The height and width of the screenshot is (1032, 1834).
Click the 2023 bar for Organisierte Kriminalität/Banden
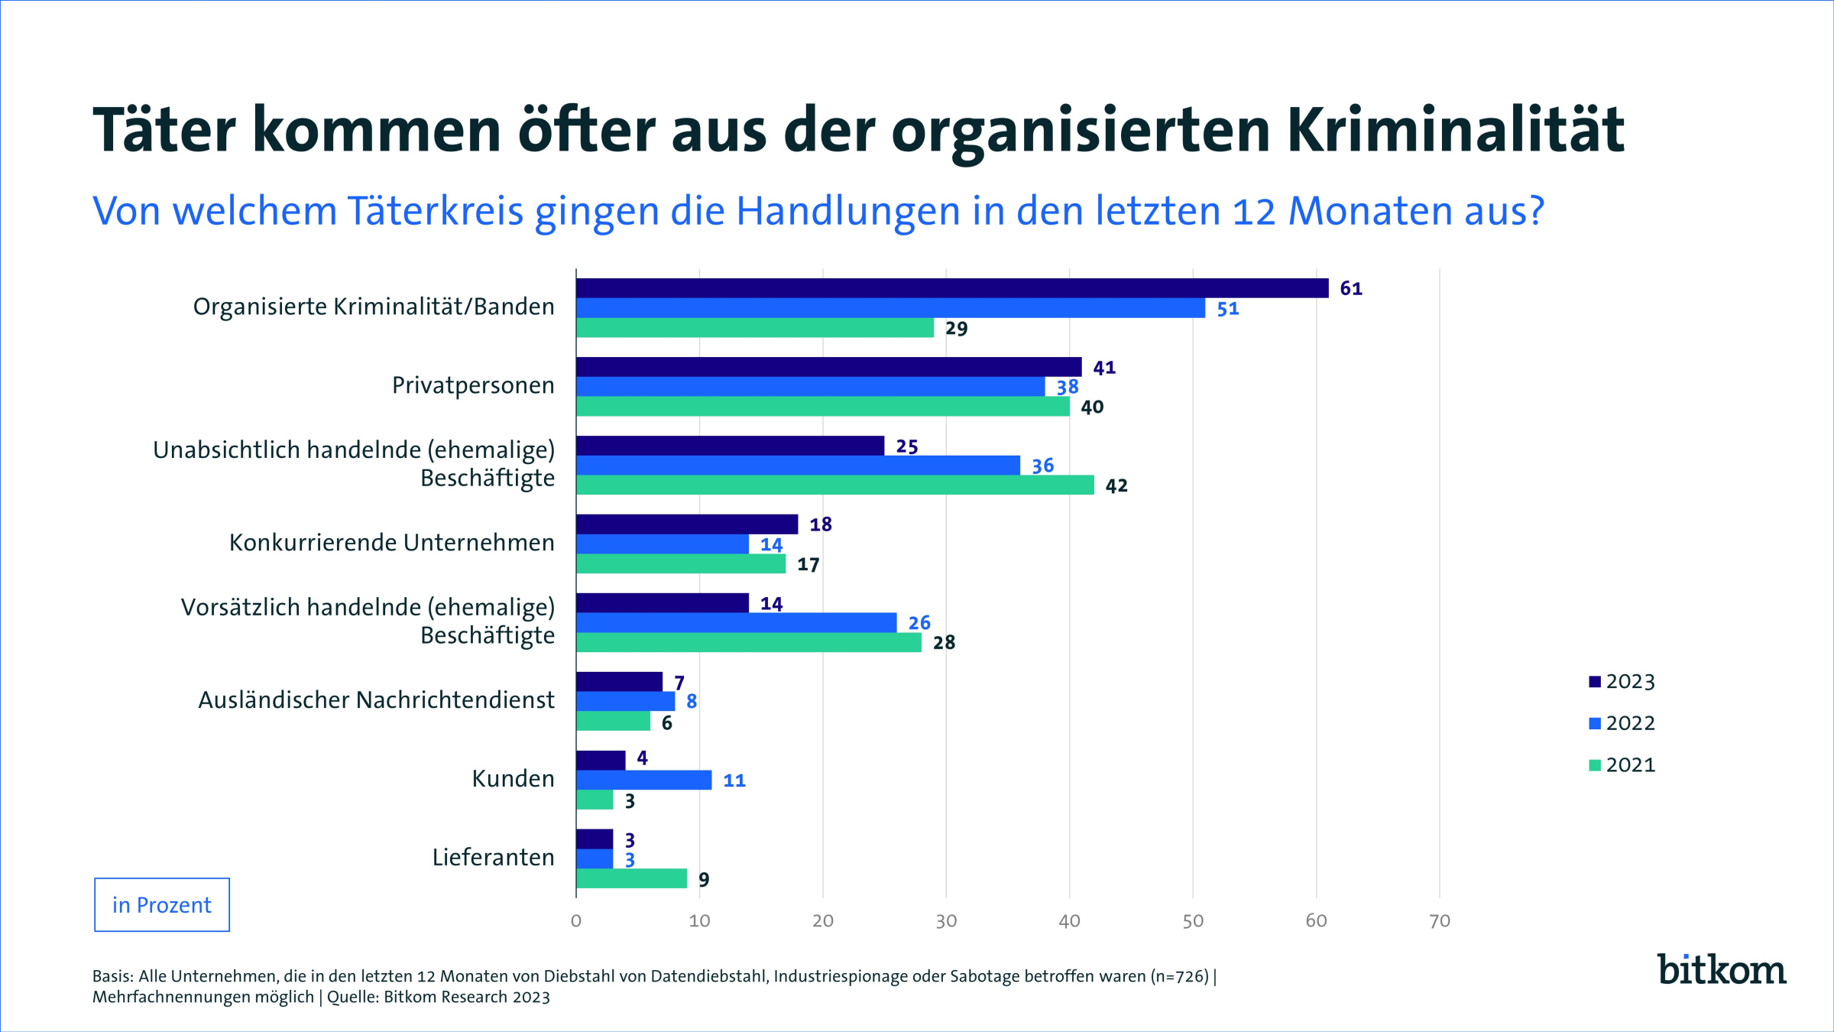[951, 288]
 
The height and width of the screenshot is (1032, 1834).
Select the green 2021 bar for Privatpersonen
[822, 407]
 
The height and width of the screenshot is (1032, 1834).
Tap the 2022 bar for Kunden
[643, 780]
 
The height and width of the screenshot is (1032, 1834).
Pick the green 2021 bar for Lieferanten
[631, 879]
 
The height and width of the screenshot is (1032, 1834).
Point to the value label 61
[1351, 289]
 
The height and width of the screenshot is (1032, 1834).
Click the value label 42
[1116, 486]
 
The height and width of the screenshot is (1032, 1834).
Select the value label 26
[919, 623]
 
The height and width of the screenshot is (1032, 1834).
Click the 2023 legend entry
[1622, 682]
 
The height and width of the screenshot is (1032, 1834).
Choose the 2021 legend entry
[1622, 765]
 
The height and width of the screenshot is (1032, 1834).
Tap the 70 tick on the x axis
[1440, 921]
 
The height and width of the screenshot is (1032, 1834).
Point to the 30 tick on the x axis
[946, 921]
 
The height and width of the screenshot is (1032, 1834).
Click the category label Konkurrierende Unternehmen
[391, 543]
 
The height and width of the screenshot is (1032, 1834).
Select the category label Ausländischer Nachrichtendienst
[376, 700]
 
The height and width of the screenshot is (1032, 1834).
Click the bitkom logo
[1721, 969]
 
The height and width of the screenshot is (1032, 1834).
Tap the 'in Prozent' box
[162, 905]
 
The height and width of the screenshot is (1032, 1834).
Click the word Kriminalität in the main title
[1455, 130]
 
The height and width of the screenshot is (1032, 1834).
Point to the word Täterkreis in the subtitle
[436, 211]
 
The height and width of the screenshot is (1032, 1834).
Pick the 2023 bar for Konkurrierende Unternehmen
[686, 524]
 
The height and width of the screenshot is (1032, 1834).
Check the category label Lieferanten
[493, 858]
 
